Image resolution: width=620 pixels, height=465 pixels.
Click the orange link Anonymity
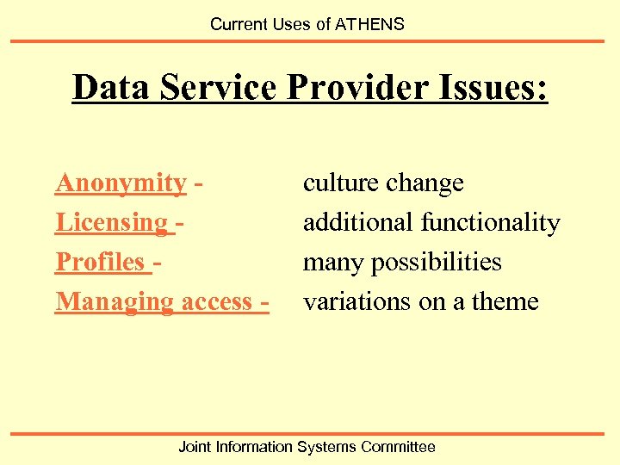point(121,183)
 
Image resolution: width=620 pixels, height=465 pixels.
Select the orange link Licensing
point(111,223)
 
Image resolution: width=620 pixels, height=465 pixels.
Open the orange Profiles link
point(99,262)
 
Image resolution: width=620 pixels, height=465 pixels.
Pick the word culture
point(341,183)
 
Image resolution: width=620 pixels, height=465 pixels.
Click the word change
point(425,183)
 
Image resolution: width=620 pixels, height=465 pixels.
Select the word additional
point(358,223)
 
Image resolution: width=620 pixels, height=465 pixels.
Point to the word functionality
point(491,223)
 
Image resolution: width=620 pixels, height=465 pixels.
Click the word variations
point(356,302)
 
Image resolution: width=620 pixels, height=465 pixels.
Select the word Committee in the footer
point(398,447)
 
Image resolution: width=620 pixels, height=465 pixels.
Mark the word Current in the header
point(238,24)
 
